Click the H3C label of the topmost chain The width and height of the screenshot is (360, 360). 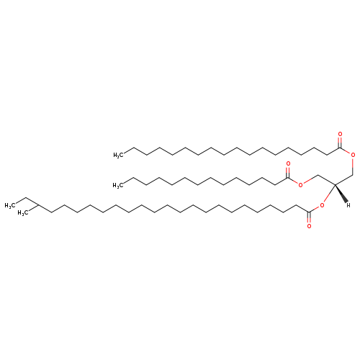(119, 155)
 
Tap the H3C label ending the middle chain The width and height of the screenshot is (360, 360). (119, 185)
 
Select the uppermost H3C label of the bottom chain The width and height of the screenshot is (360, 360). (10, 206)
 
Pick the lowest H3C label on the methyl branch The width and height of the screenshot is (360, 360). (24, 213)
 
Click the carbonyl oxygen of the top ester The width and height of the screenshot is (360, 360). (340, 134)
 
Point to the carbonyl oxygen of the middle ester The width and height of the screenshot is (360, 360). (288, 164)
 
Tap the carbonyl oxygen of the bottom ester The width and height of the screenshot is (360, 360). (309, 226)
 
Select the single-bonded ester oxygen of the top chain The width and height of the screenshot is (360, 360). (353, 155)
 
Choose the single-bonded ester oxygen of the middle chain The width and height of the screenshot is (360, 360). (300, 185)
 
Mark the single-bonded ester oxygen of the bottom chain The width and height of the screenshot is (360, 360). (322, 205)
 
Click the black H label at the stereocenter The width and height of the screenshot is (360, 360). (348, 205)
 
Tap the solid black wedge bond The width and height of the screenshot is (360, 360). (341, 194)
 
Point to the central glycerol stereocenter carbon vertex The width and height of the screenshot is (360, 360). (335, 185)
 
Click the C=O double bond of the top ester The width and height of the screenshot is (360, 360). (340, 142)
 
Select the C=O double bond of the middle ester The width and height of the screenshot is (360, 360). (288, 172)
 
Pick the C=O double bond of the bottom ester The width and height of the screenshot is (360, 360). (309, 217)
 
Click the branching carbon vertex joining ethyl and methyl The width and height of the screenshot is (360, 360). (39, 205)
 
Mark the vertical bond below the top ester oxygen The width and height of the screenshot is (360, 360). (353, 166)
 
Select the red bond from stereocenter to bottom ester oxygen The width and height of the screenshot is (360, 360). (329, 194)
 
